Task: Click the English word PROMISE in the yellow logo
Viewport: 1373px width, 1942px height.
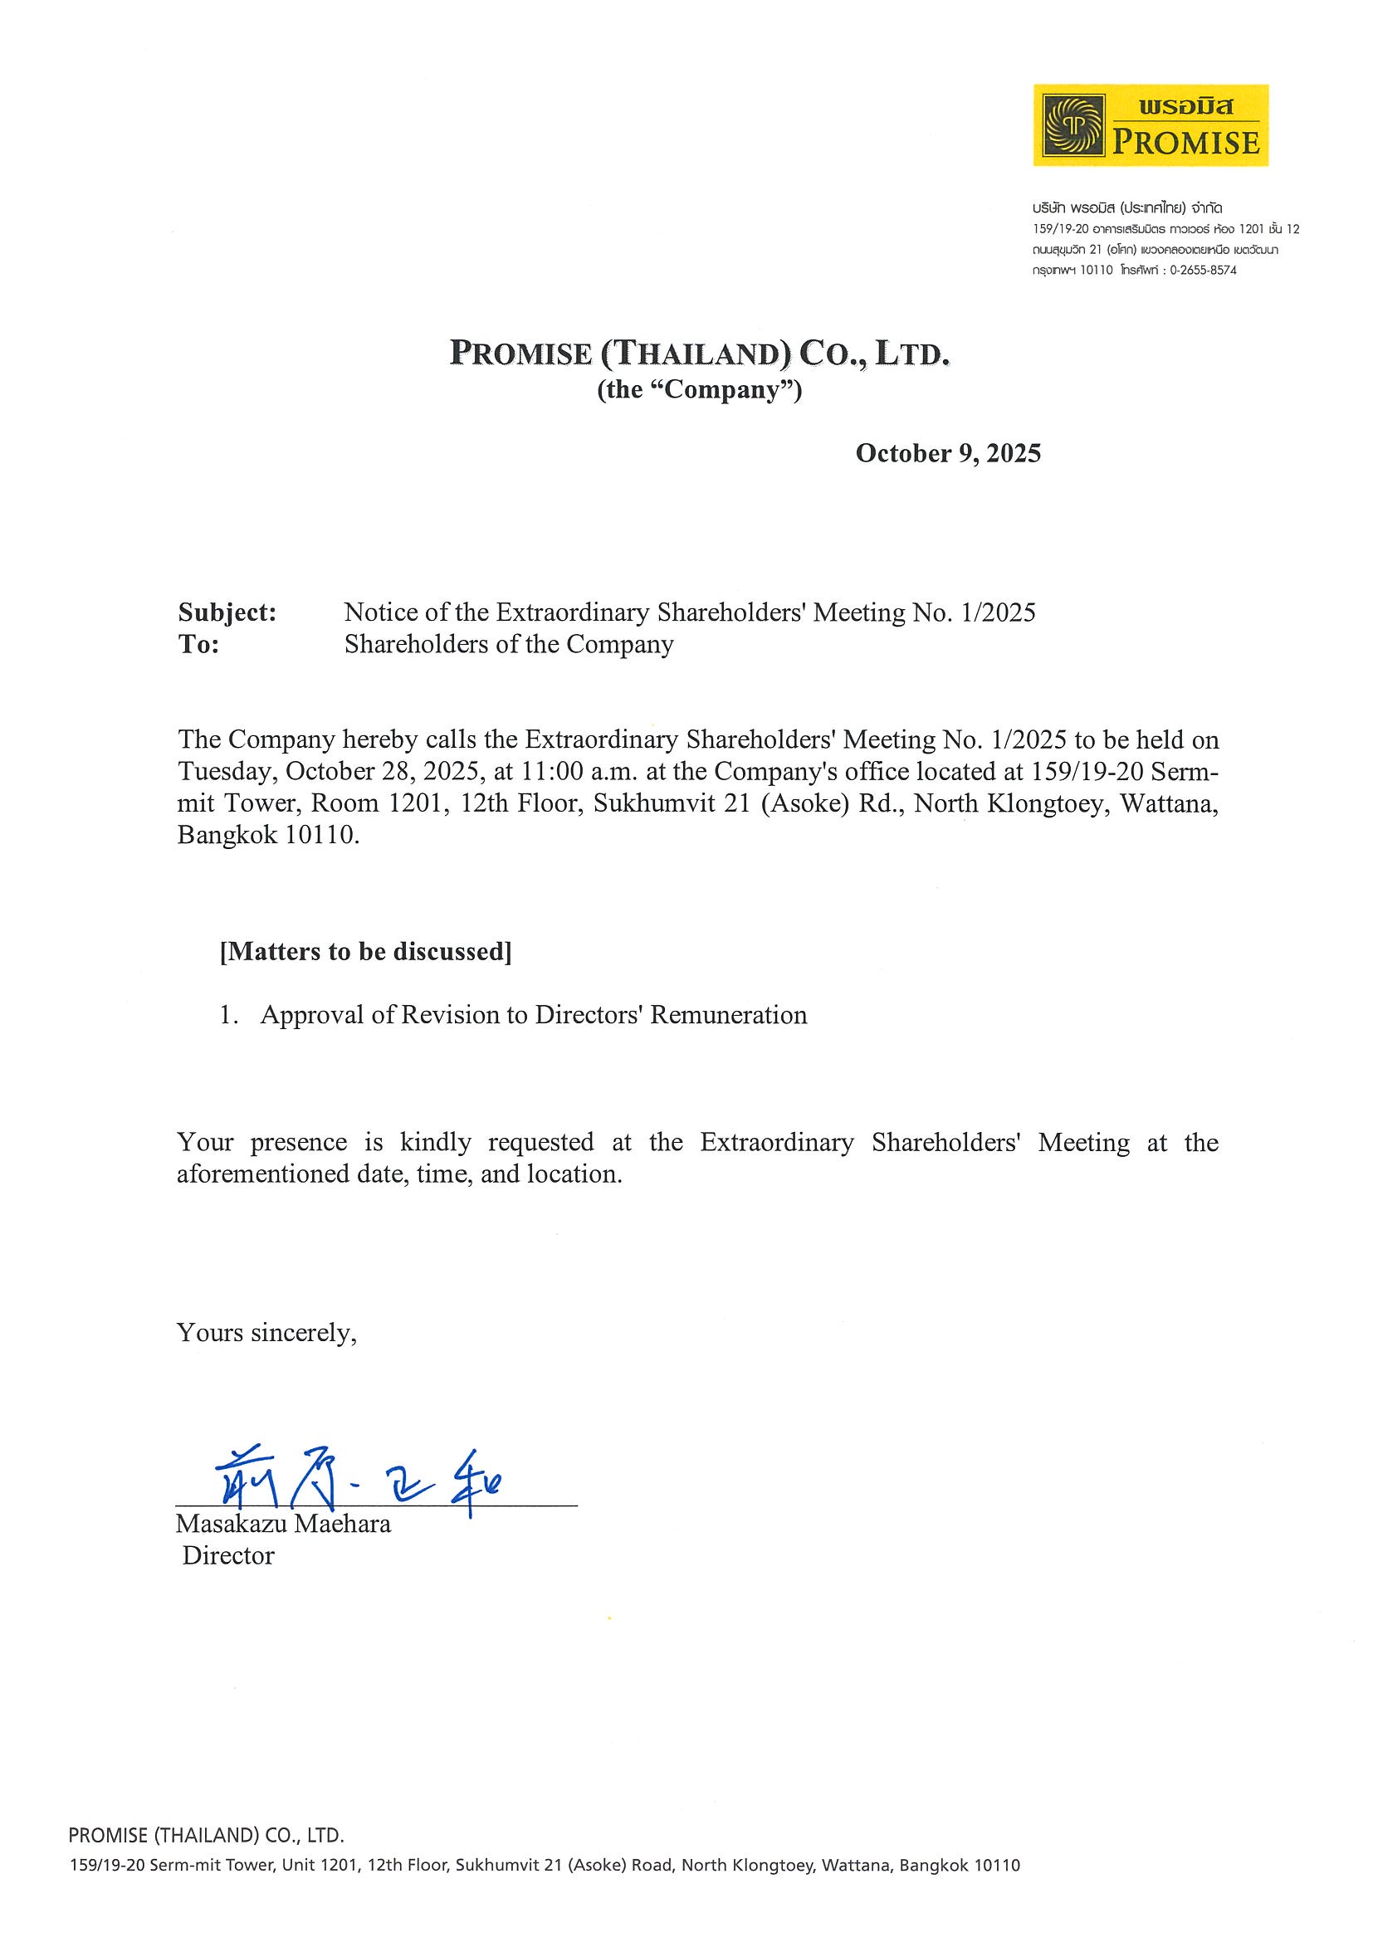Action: [x=1185, y=142]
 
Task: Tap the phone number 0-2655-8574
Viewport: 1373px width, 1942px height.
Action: [x=1203, y=271]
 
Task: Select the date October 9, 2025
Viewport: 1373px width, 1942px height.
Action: [x=947, y=453]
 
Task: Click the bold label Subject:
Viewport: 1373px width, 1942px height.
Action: [x=227, y=612]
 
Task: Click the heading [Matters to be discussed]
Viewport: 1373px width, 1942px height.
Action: [x=365, y=953]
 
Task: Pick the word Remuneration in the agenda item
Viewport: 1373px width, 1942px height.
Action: [x=728, y=1015]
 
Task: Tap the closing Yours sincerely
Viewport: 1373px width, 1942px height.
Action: [x=266, y=1333]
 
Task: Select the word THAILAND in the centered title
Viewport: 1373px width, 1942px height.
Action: [x=692, y=354]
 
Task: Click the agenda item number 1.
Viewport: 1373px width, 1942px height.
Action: [x=226, y=1015]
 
